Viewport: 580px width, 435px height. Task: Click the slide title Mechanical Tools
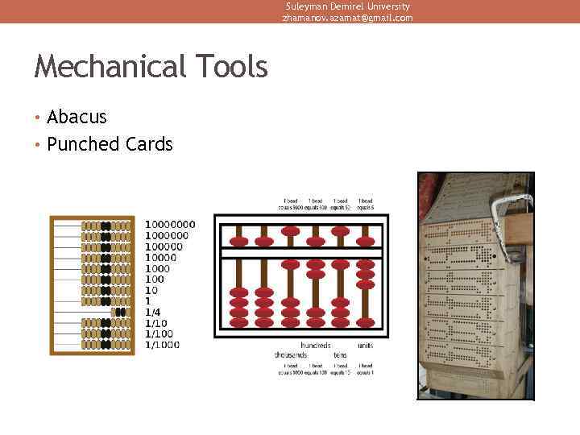151,67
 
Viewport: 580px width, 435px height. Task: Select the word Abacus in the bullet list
77,118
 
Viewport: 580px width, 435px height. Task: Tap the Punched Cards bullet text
110,145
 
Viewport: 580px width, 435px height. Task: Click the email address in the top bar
347,18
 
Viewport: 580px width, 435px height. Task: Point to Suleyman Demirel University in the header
347,6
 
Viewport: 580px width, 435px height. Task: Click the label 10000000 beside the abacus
170,224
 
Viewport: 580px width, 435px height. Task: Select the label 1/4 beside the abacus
152,312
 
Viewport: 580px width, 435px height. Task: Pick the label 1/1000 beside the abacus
163,345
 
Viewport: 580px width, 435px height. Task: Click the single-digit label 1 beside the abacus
147,300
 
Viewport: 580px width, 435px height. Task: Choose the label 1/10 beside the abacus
155,323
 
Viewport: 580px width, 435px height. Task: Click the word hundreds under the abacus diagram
316,346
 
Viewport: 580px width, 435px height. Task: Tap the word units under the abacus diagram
365,346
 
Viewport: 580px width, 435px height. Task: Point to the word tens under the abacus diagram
341,354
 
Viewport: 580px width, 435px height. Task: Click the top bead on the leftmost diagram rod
239,241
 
